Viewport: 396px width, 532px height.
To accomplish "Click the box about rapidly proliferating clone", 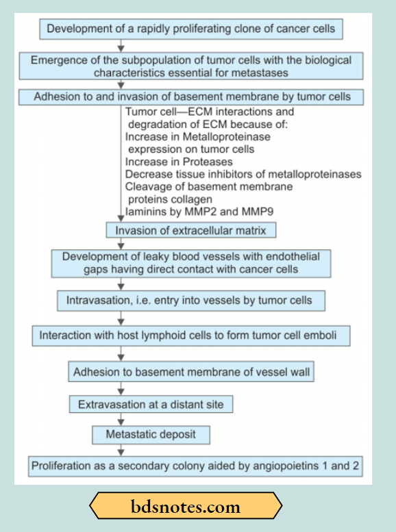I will [x=191, y=29].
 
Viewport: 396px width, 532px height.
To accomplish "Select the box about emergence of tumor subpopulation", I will [x=191, y=66].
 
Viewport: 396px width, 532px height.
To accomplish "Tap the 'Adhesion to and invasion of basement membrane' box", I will [x=192, y=97].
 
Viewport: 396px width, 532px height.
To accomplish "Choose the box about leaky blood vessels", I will [x=190, y=263].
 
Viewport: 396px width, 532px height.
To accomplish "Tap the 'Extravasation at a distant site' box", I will [x=151, y=405].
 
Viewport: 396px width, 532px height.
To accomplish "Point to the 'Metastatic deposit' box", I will [x=151, y=435].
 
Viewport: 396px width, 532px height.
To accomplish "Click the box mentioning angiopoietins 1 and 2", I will [x=195, y=466].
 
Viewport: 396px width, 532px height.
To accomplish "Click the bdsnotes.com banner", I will [x=186, y=507].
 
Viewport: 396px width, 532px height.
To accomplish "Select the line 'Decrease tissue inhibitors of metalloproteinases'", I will [x=243, y=174].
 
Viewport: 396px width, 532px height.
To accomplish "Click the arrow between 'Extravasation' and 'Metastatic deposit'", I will [x=121, y=419].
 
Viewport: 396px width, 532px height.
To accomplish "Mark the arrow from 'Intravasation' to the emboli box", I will [x=121, y=318].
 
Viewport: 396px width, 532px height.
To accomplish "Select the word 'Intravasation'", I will [x=98, y=300].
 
